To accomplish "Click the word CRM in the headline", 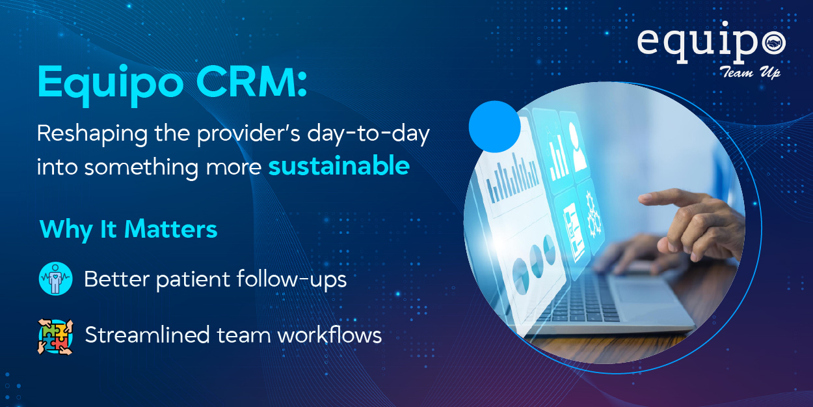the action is tap(251, 82).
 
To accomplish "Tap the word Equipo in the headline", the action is tap(111, 86).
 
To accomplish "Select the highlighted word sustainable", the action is tap(339, 165).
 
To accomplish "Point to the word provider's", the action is tap(248, 133).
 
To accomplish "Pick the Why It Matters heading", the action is tap(129, 230).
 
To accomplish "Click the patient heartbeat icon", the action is tap(55, 279).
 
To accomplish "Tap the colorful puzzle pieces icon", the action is tap(55, 337).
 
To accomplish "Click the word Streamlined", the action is tap(148, 335).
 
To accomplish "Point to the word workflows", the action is tap(330, 335).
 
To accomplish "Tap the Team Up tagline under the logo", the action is tap(749, 72).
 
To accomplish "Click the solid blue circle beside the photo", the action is tap(494, 126).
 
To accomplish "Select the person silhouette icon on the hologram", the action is tap(578, 147).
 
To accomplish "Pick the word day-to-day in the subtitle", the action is tap(368, 134).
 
